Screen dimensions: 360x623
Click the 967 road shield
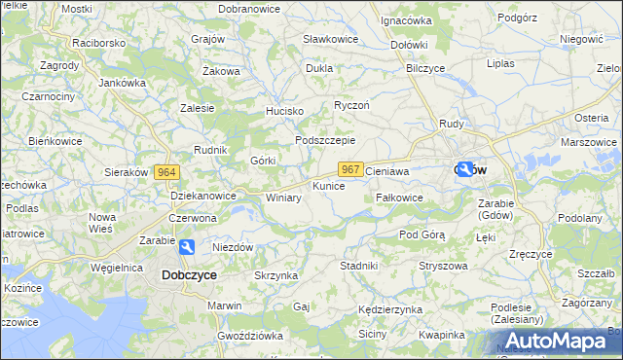tap(352, 169)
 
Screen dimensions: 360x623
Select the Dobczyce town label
tap(188, 275)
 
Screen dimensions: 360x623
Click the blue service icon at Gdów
tap(466, 169)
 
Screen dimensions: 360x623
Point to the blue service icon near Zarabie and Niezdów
tap(186, 247)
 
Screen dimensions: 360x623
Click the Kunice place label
tap(328, 185)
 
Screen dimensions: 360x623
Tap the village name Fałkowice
tap(399, 197)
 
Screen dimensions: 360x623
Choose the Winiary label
tap(283, 198)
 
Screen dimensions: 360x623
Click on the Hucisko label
tap(285, 112)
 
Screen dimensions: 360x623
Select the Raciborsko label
tap(99, 45)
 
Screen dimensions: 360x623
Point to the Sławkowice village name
tap(330, 39)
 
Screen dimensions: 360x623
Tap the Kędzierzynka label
tap(389, 308)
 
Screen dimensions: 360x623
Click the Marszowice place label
tap(589, 142)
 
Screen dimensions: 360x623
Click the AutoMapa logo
tap(556, 340)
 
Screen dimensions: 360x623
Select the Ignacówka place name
tap(406, 19)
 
